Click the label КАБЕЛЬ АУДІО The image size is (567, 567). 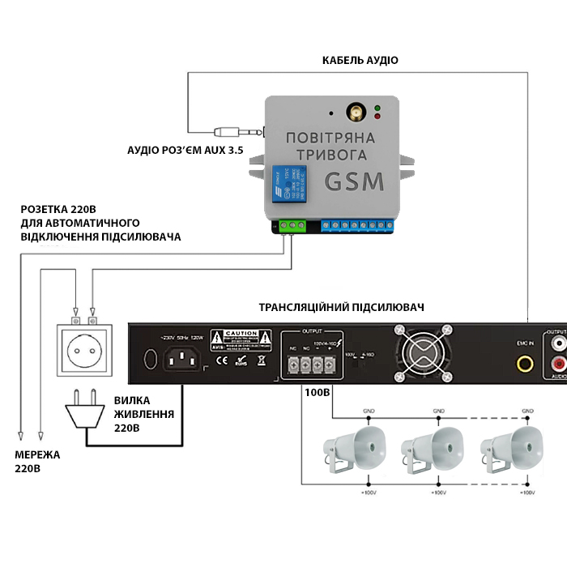(x=360, y=61)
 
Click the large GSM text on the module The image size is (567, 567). (x=355, y=181)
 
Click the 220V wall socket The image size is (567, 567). (x=85, y=349)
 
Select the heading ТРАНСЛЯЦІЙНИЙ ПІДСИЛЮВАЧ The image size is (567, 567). (x=341, y=308)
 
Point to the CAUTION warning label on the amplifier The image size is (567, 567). (x=241, y=339)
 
